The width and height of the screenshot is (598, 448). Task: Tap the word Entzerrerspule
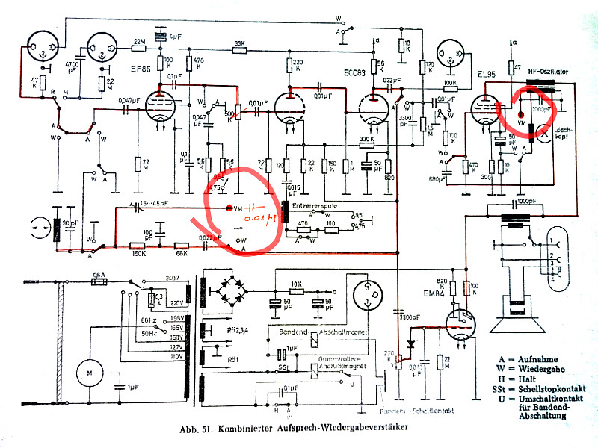click(317, 203)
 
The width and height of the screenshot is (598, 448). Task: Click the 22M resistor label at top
click(139, 41)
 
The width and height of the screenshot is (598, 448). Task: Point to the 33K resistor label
click(239, 43)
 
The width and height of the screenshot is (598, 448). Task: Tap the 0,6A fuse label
click(96, 274)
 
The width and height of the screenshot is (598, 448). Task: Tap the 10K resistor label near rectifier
click(296, 283)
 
